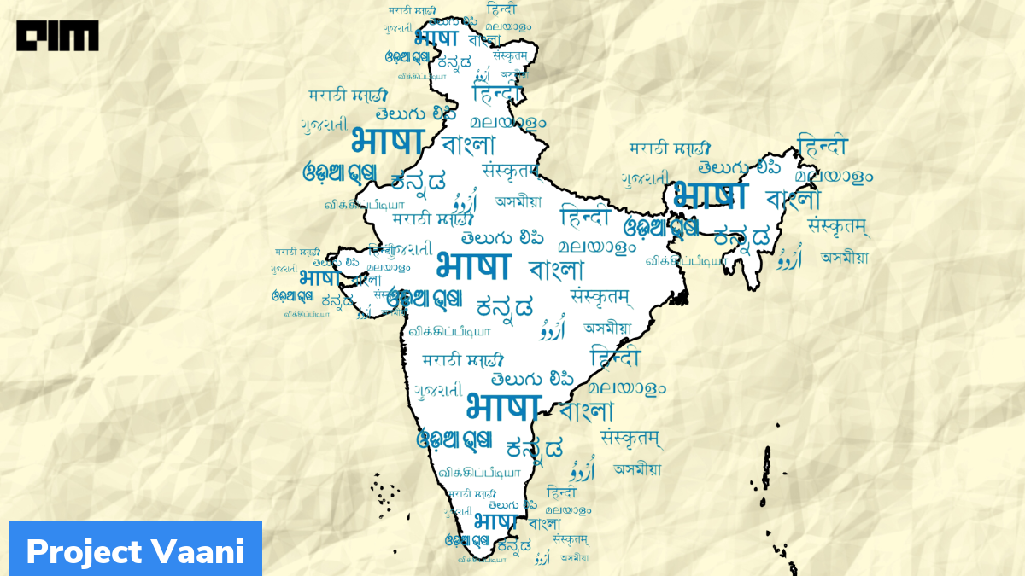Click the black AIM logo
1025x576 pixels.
(x=57, y=35)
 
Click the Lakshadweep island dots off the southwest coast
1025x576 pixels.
(x=385, y=491)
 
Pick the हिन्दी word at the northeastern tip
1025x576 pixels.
(x=823, y=144)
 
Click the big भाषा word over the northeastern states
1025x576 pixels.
(x=709, y=195)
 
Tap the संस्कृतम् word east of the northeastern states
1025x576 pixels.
(x=838, y=226)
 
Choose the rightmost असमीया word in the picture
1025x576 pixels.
(x=844, y=257)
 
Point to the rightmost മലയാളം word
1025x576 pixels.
(x=834, y=176)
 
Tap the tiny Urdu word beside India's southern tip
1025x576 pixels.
(x=542, y=560)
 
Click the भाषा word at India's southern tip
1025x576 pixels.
(x=495, y=520)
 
